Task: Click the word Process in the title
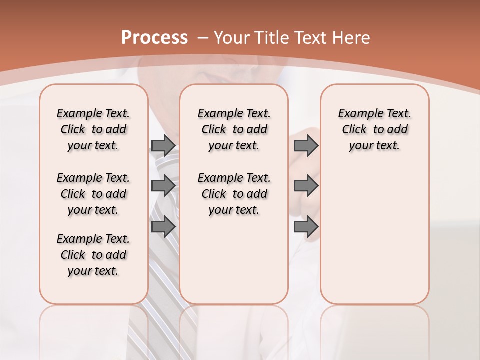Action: (x=154, y=38)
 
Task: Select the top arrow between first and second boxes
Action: (x=163, y=145)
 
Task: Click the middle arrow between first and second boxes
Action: (x=163, y=186)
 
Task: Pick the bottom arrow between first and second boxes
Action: (x=163, y=226)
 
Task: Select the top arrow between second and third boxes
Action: (x=306, y=145)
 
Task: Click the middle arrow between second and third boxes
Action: (x=306, y=186)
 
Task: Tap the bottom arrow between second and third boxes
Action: (x=306, y=226)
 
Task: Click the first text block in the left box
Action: (x=93, y=129)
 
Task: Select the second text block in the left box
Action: (x=93, y=194)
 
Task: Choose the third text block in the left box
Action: (x=93, y=255)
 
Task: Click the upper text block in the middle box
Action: (x=234, y=129)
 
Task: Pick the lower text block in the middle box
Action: (x=234, y=194)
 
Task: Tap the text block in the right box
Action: (x=375, y=129)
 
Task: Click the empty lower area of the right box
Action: (x=375, y=240)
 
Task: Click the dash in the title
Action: (x=203, y=38)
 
